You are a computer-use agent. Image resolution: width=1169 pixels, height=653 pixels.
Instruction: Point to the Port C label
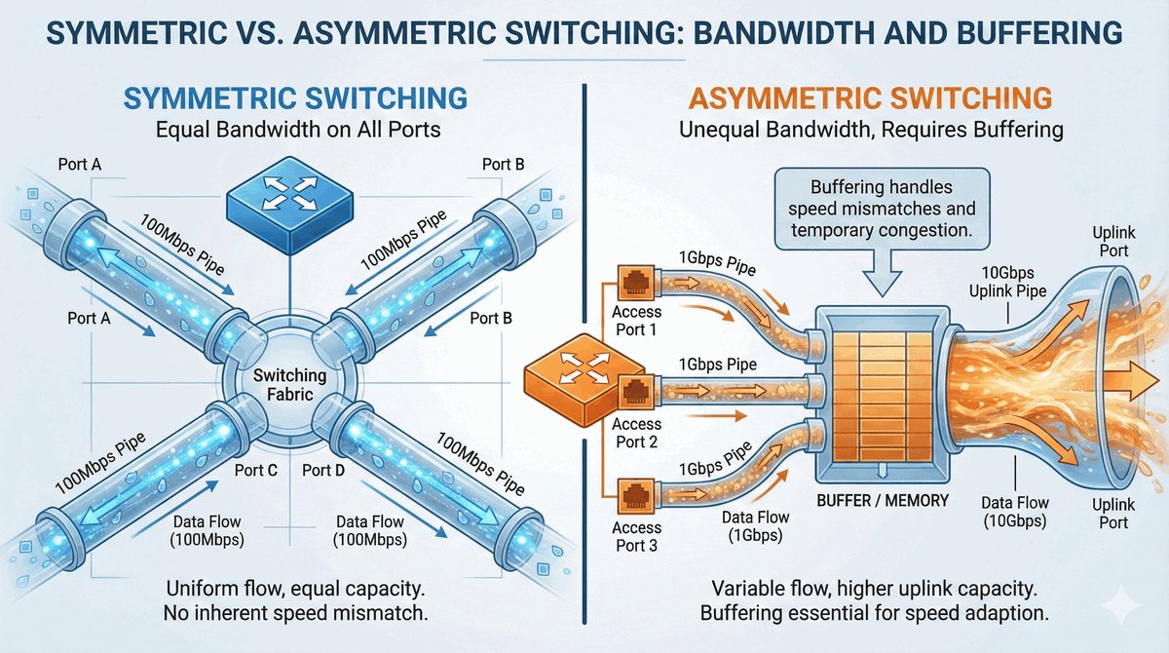(x=257, y=470)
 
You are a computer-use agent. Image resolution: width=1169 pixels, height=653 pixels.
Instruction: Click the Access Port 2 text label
(x=637, y=433)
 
